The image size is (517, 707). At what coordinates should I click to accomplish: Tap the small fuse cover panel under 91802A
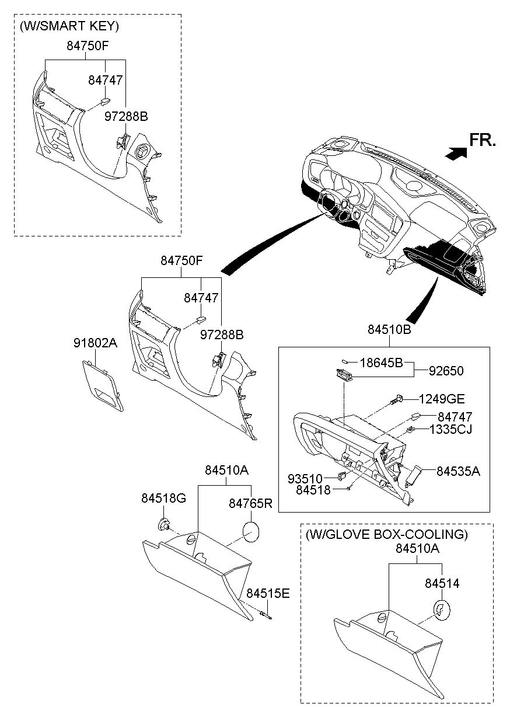[x=103, y=389]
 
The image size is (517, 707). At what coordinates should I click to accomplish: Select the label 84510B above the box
[x=389, y=330]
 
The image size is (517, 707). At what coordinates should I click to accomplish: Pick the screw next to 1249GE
[x=396, y=400]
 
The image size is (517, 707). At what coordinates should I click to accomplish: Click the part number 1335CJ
[x=451, y=430]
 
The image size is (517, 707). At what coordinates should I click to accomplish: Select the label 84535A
[x=458, y=471]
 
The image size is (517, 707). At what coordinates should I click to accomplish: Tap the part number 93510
[x=305, y=478]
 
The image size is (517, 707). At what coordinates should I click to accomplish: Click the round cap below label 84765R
[x=250, y=532]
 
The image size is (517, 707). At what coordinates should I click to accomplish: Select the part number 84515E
[x=267, y=593]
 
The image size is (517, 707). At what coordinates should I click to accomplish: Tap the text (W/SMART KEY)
[x=69, y=26]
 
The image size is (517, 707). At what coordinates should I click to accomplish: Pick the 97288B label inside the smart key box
[x=126, y=117]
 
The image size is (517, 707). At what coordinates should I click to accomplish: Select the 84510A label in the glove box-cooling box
[x=417, y=549]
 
